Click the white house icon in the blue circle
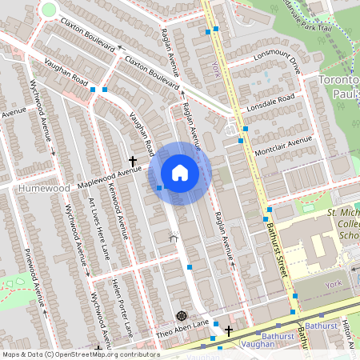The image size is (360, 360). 180,173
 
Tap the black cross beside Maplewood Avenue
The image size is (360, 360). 133,161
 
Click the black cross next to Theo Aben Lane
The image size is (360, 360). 229,330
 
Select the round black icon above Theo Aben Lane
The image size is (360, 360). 180,314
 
